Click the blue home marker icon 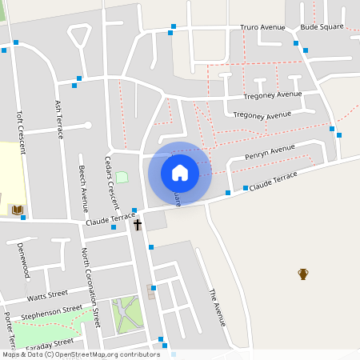pos(179,172)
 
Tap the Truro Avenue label pos(262,27)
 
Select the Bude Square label pos(322,26)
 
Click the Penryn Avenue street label pos(270,152)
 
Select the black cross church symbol pos(137,225)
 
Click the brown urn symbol pos(303,274)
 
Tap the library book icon pos(17,210)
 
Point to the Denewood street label pos(23,260)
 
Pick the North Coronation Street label pos(90,286)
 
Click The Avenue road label pos(217,307)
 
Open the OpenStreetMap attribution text pos(81,354)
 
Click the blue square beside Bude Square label pos(296,42)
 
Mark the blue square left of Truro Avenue pos(172,33)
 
